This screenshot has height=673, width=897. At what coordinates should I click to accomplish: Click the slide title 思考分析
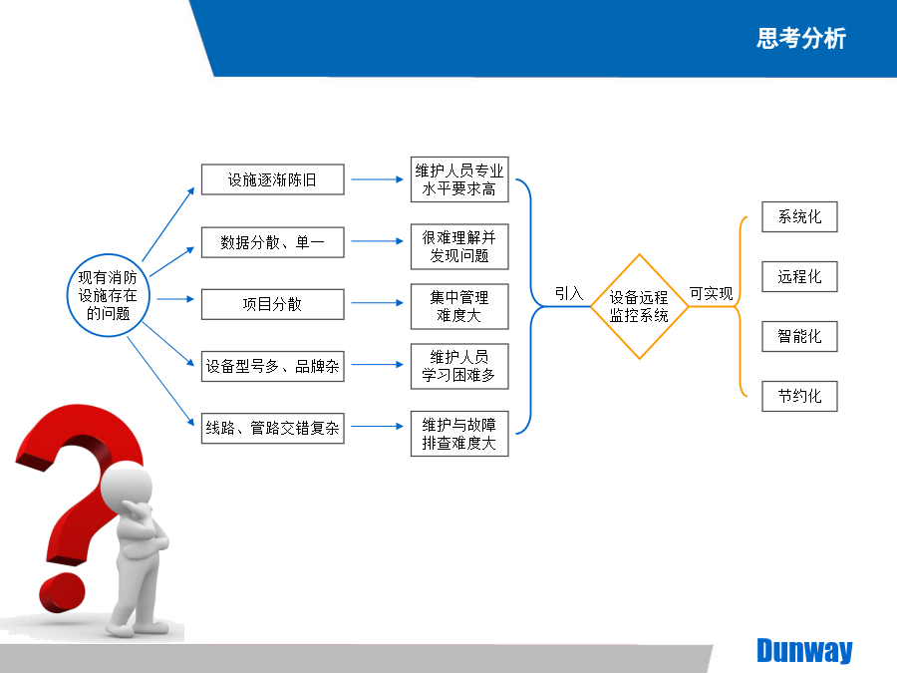coord(801,38)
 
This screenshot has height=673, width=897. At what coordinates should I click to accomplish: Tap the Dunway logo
coord(804,651)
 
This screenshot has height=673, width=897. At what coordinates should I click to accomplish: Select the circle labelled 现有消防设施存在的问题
coord(108,295)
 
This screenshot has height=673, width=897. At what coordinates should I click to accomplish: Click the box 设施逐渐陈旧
coord(273,179)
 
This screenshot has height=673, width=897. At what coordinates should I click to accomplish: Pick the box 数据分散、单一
coord(273,242)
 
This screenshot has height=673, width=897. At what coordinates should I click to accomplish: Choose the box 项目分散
coord(273,304)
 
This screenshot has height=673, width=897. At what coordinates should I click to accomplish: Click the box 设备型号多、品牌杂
coord(273,366)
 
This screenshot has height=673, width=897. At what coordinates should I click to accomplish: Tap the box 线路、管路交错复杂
coord(273,428)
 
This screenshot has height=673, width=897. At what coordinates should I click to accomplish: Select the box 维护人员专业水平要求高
coord(459,179)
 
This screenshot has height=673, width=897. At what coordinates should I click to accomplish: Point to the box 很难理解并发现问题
coord(459,246)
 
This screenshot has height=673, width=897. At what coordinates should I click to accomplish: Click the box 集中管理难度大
coord(459,306)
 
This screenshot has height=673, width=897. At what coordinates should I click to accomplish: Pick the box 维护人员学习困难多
coord(459,366)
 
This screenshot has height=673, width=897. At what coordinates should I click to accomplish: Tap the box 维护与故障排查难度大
coord(459,434)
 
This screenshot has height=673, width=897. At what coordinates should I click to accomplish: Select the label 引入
coord(569,293)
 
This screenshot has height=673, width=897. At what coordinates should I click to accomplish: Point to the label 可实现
coord(711,293)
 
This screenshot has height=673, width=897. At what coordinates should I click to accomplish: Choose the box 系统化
coord(799,217)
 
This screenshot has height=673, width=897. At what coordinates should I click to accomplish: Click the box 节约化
coord(799,396)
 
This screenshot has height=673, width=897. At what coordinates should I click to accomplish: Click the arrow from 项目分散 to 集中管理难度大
coord(377,303)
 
